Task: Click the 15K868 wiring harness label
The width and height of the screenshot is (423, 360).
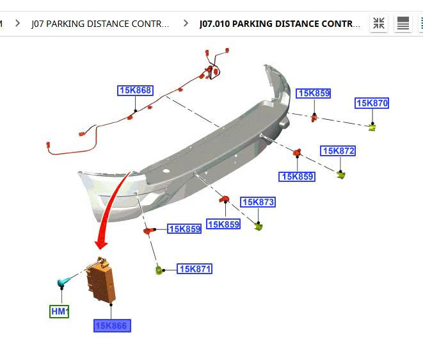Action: pos(136,90)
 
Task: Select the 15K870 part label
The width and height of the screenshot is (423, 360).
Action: pos(372,103)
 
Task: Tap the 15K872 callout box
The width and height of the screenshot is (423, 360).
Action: pos(338,151)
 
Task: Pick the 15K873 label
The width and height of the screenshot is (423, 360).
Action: pos(258,202)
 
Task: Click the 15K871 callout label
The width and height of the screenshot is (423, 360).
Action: pos(195,268)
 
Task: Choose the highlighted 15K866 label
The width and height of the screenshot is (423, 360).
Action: pos(112,325)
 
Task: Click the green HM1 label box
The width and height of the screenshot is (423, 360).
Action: pos(60,311)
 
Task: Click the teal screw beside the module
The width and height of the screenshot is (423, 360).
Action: pos(64,282)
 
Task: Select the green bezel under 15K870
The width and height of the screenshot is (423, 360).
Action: pos(372,127)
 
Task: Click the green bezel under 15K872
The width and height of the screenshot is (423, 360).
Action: pos(341,175)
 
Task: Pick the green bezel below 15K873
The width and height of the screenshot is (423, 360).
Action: pos(259,226)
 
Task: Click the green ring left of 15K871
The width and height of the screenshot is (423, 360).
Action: pos(159,270)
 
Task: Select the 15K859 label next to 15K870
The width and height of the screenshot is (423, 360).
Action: pos(313,94)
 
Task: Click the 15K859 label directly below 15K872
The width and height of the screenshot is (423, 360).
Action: pos(297,177)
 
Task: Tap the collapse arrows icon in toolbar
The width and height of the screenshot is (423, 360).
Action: pos(379,23)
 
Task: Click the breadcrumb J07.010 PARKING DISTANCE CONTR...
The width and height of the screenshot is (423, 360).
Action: pos(280,24)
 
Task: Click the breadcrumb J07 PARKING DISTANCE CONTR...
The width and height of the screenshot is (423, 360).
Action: pos(100,24)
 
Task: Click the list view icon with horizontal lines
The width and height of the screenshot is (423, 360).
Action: pos(403,23)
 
